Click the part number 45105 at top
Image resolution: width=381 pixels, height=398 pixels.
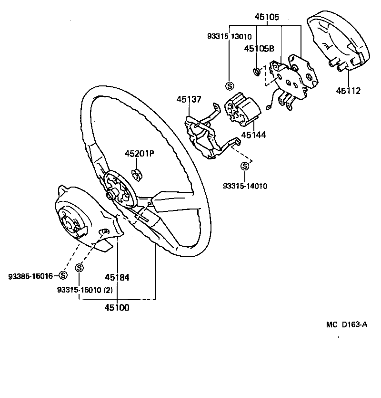[267, 17]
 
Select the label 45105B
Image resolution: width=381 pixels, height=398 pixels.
[259, 48]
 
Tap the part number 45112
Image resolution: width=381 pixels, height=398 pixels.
[348, 91]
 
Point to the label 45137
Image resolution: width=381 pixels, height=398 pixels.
[189, 100]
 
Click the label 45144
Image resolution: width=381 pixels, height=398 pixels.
[253, 135]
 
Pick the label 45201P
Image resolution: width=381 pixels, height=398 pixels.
[139, 154]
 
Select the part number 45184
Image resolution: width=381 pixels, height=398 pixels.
[117, 277]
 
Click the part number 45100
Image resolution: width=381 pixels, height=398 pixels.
[117, 307]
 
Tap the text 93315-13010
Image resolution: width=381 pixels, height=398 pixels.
[229, 36]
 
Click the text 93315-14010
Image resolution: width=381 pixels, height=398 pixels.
[245, 186]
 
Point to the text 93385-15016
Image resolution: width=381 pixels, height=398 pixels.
[30, 276]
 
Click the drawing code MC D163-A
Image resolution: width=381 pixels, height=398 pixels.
[347, 325]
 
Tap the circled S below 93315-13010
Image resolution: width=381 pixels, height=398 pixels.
[229, 86]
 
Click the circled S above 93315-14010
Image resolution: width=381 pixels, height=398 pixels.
[245, 167]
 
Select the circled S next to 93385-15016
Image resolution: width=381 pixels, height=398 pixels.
[63, 275]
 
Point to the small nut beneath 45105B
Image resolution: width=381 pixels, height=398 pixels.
[256, 72]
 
